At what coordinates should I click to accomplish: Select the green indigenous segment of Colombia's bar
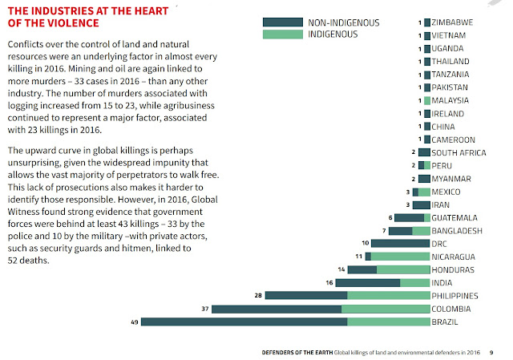point(385,309)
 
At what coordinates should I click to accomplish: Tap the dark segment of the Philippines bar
point(305,296)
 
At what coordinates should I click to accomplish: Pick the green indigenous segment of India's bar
point(414,282)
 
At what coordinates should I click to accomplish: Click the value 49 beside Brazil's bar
point(133,322)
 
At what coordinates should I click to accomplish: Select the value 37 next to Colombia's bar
point(204,309)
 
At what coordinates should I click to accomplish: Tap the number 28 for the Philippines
point(257,296)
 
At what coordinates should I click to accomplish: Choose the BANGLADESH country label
point(457,230)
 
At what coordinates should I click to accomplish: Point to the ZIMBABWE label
point(453,22)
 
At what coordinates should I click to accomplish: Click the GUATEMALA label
point(454,217)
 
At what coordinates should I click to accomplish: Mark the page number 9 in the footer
point(491,351)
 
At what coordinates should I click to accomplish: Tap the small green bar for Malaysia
point(426,100)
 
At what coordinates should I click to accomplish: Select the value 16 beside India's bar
point(329,282)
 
